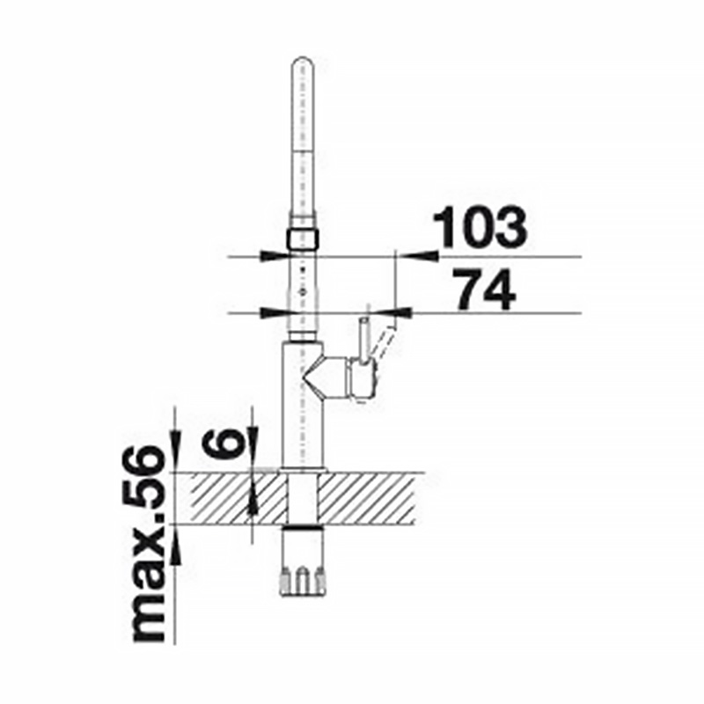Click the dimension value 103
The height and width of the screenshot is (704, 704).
[480, 228]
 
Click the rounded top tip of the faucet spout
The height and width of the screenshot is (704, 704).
[303, 61]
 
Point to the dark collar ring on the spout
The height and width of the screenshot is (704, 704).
[303, 238]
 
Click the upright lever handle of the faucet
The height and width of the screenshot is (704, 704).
[364, 341]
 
